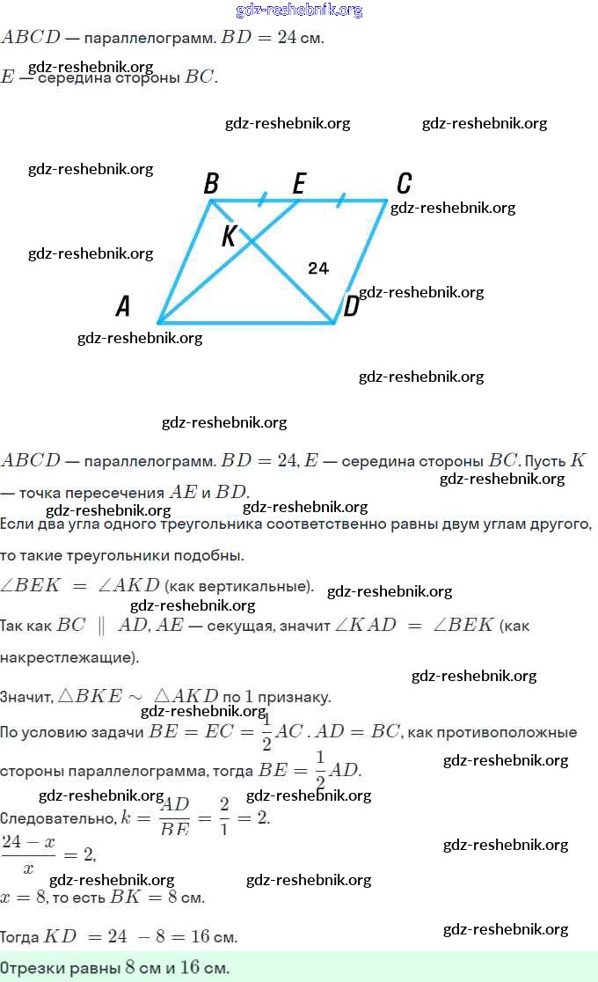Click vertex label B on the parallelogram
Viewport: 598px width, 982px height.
tap(211, 183)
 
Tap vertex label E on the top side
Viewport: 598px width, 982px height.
tap(299, 183)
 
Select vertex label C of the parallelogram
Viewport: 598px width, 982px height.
tap(404, 183)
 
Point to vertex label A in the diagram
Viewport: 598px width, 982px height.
tap(123, 306)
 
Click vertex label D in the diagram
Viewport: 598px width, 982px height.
tap(351, 307)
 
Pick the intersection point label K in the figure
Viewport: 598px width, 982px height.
tap(229, 236)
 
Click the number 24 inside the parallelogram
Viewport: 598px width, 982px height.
tap(318, 268)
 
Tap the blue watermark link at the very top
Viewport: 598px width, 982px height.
tap(299, 11)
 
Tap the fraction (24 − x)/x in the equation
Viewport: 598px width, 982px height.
tap(28, 854)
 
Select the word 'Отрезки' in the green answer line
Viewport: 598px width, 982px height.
tap(30, 968)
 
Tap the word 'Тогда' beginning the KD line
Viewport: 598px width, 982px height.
tap(20, 936)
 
